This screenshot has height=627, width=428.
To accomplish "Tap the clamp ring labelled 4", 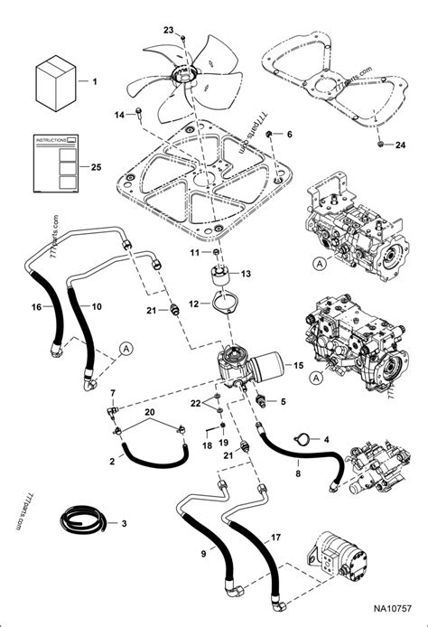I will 305,439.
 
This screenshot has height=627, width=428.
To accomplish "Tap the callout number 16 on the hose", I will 36,308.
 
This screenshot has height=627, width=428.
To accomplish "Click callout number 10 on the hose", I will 96,307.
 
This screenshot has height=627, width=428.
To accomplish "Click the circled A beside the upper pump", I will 319,264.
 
